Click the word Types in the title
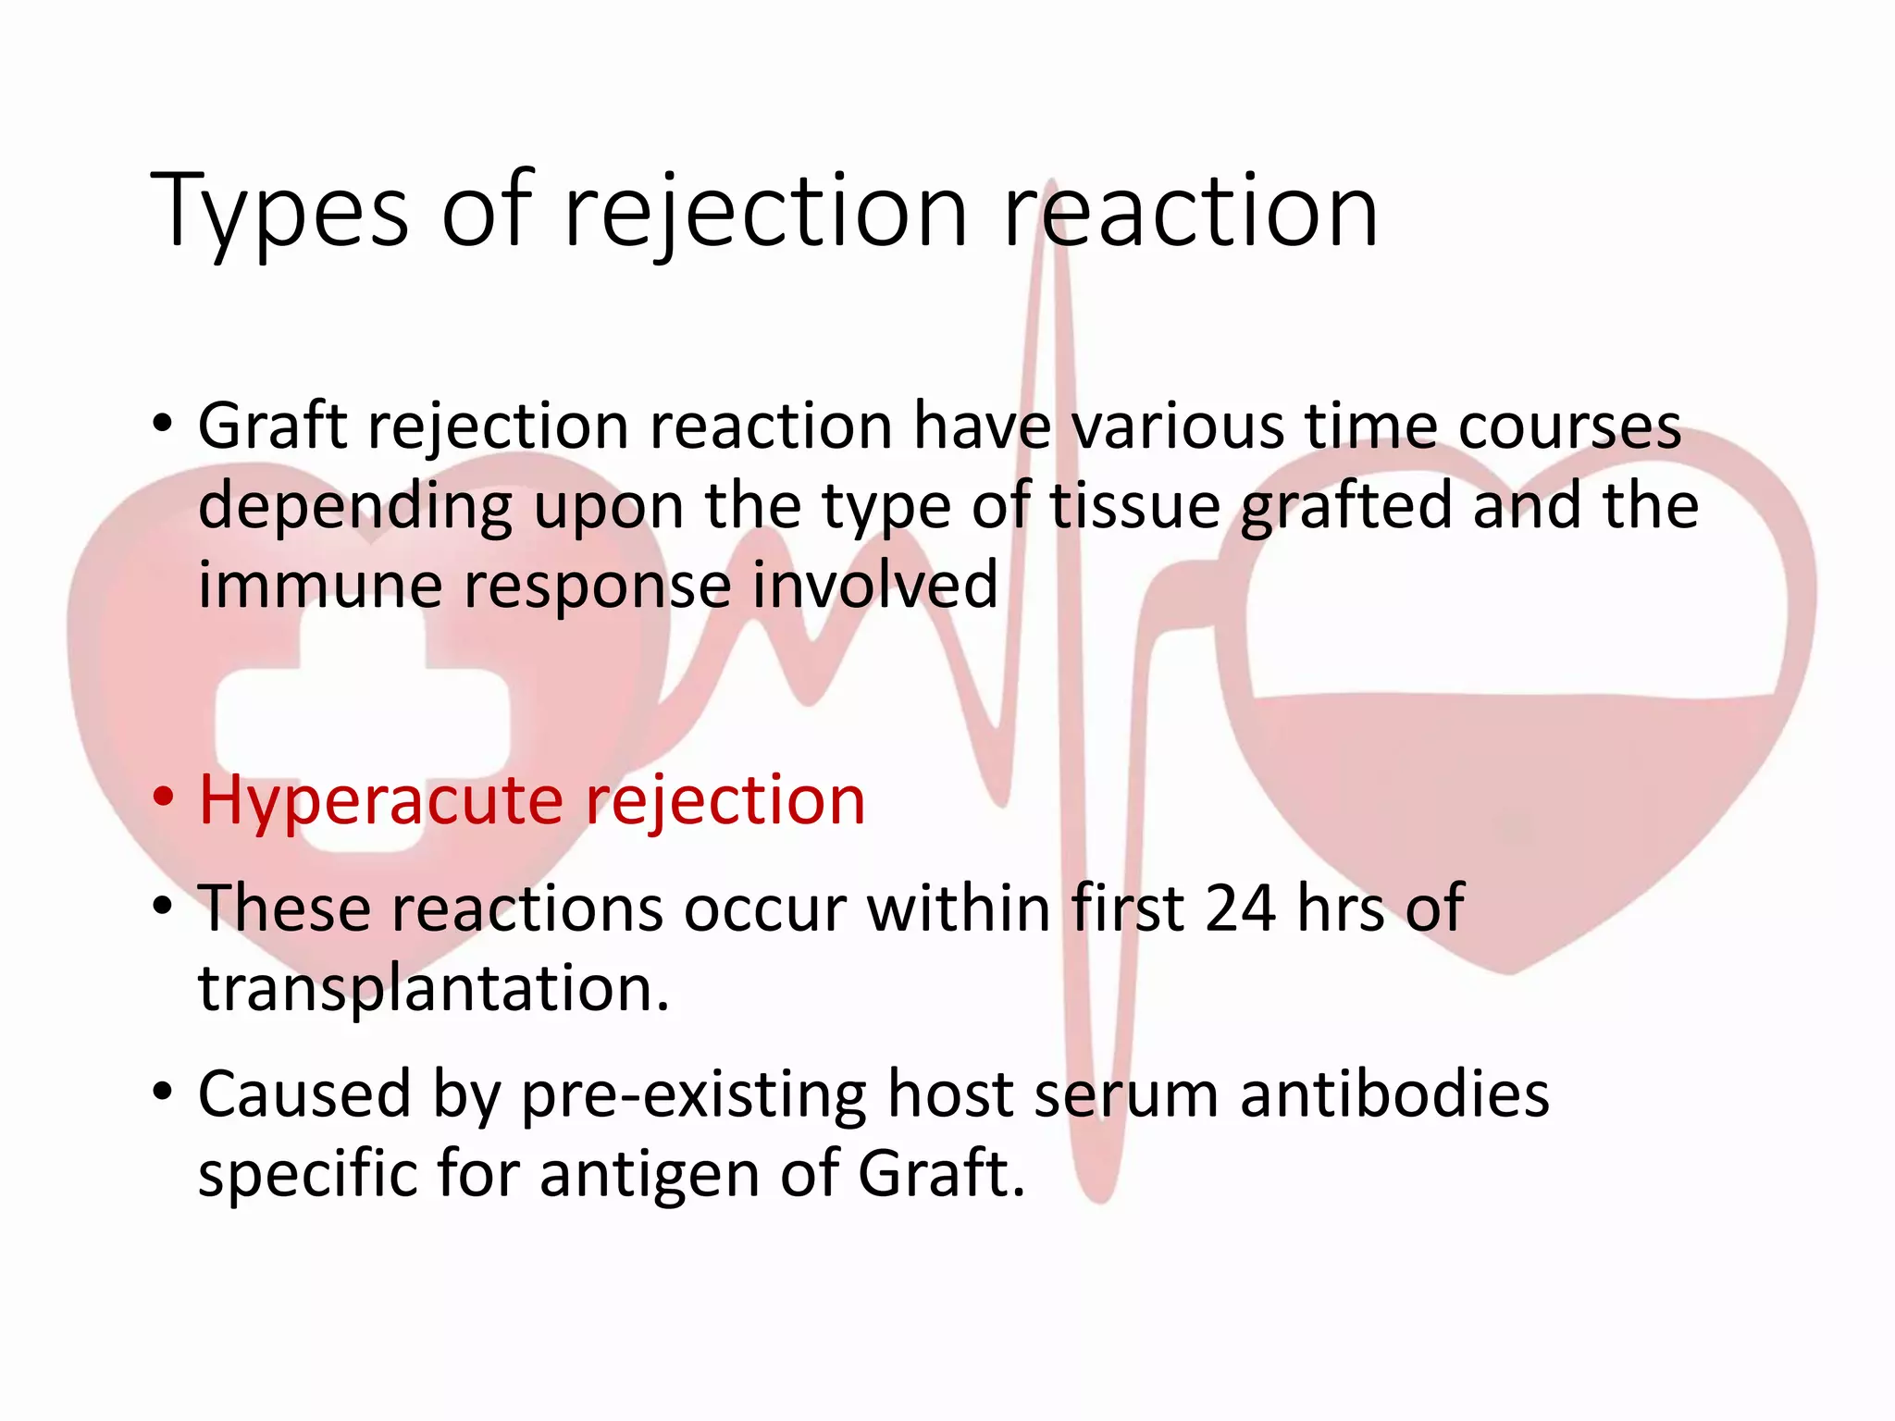[279, 213]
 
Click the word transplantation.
[433, 988]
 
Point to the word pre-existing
[694, 1095]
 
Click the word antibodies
[1394, 1094]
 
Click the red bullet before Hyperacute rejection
[164, 797]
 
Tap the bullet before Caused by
[164, 1092]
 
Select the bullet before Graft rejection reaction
[164, 425]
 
